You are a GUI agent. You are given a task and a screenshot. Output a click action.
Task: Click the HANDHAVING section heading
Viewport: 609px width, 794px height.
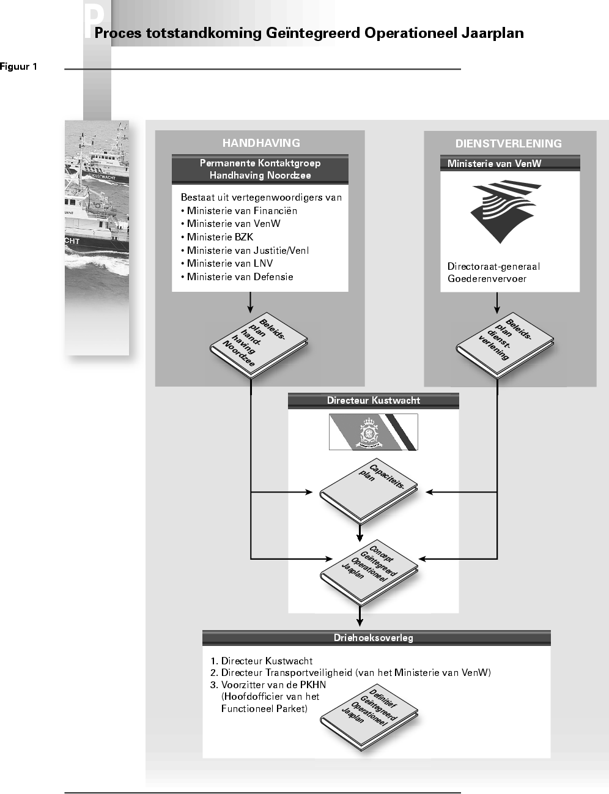261,143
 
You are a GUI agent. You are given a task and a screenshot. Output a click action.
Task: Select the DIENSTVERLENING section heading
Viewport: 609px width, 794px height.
508,144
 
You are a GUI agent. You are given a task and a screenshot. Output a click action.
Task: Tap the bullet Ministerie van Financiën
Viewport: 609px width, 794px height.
239,211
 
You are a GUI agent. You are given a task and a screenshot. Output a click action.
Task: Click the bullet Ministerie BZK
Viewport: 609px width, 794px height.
217,237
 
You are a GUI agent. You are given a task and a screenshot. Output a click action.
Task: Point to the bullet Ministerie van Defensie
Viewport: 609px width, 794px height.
237,276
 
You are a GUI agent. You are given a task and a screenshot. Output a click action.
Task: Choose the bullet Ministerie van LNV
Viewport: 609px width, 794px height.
227,264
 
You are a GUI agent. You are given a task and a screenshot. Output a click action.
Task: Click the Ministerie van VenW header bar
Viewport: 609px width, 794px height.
510,163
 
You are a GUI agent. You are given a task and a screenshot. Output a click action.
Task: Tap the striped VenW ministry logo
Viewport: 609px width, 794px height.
505,211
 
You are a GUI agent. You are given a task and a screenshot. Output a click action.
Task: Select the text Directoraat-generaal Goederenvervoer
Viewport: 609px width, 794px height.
493,273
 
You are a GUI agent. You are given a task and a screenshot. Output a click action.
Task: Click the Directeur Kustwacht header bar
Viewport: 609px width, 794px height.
374,401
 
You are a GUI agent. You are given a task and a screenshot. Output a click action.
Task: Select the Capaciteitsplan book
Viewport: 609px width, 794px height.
369,491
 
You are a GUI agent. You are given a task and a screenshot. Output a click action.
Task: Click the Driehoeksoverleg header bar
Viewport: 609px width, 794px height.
377,638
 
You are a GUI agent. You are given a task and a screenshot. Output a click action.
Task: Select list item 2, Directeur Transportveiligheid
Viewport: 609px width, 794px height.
350,673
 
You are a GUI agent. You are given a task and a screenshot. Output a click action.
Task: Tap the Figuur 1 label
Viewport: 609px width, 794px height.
18,67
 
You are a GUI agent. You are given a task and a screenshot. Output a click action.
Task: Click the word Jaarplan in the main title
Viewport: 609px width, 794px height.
493,33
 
